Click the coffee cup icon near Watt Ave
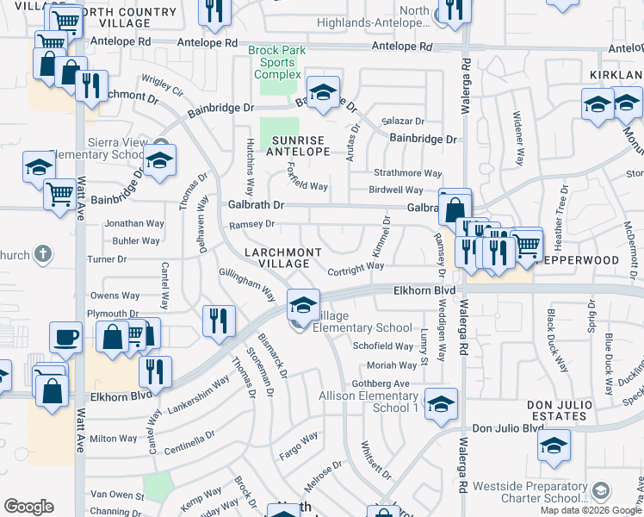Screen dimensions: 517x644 pos(65,337)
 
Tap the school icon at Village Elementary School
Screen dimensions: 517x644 pos(303,306)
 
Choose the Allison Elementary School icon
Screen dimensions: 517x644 pos(441,403)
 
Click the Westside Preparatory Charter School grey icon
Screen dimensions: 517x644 pos(601,491)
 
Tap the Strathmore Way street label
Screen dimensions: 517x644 pos(408,173)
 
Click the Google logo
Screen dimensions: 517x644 pos(28,507)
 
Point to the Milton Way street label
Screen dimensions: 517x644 pos(114,439)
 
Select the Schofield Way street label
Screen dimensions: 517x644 pos(384,346)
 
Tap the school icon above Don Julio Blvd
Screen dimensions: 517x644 pos(554,445)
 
